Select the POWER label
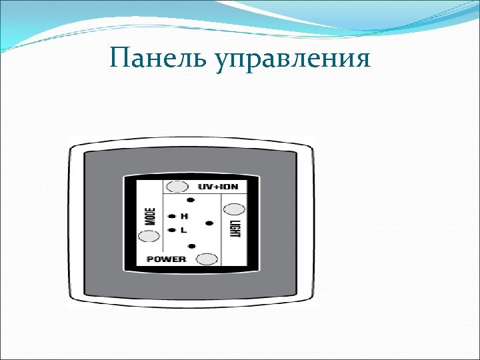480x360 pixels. coord(166,259)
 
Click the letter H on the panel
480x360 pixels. coord(184,217)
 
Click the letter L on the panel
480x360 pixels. coord(183,230)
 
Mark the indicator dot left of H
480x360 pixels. coord(171,216)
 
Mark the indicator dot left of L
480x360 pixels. coord(171,230)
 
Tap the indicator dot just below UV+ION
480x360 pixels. coord(190,200)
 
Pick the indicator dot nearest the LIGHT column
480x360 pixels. coord(209,223)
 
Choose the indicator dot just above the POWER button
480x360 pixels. coord(191,247)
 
